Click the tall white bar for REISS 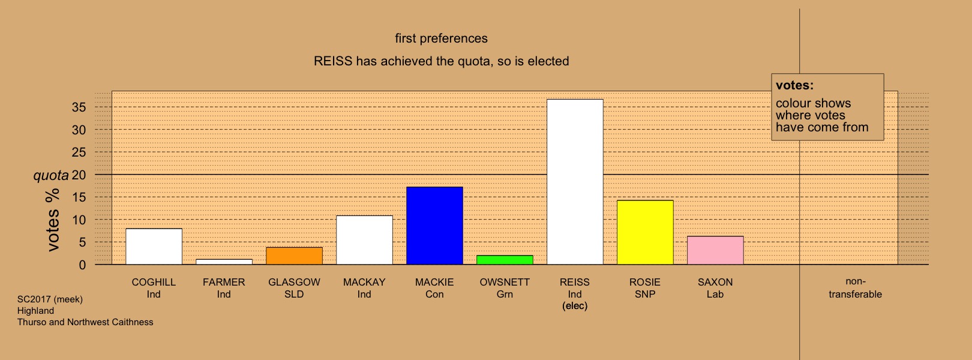tap(575, 182)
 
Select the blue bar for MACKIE tap(435, 226)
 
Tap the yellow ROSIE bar tap(645, 232)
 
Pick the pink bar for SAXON tap(716, 250)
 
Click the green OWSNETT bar tap(505, 260)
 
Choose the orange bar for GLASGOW tap(294, 256)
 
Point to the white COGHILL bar tap(154, 247)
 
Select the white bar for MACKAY tap(365, 240)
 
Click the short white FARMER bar tap(224, 262)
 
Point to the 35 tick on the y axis tap(79, 107)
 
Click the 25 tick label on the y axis tap(79, 152)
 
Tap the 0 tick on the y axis tap(82, 265)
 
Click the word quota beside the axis tap(51, 176)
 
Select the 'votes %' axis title tap(53, 220)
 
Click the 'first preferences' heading tap(442, 38)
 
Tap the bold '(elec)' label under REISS tap(575, 306)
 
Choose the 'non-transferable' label tap(855, 287)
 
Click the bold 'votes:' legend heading tap(794, 85)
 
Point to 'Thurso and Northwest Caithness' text tap(85, 322)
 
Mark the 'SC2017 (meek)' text tap(50, 299)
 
